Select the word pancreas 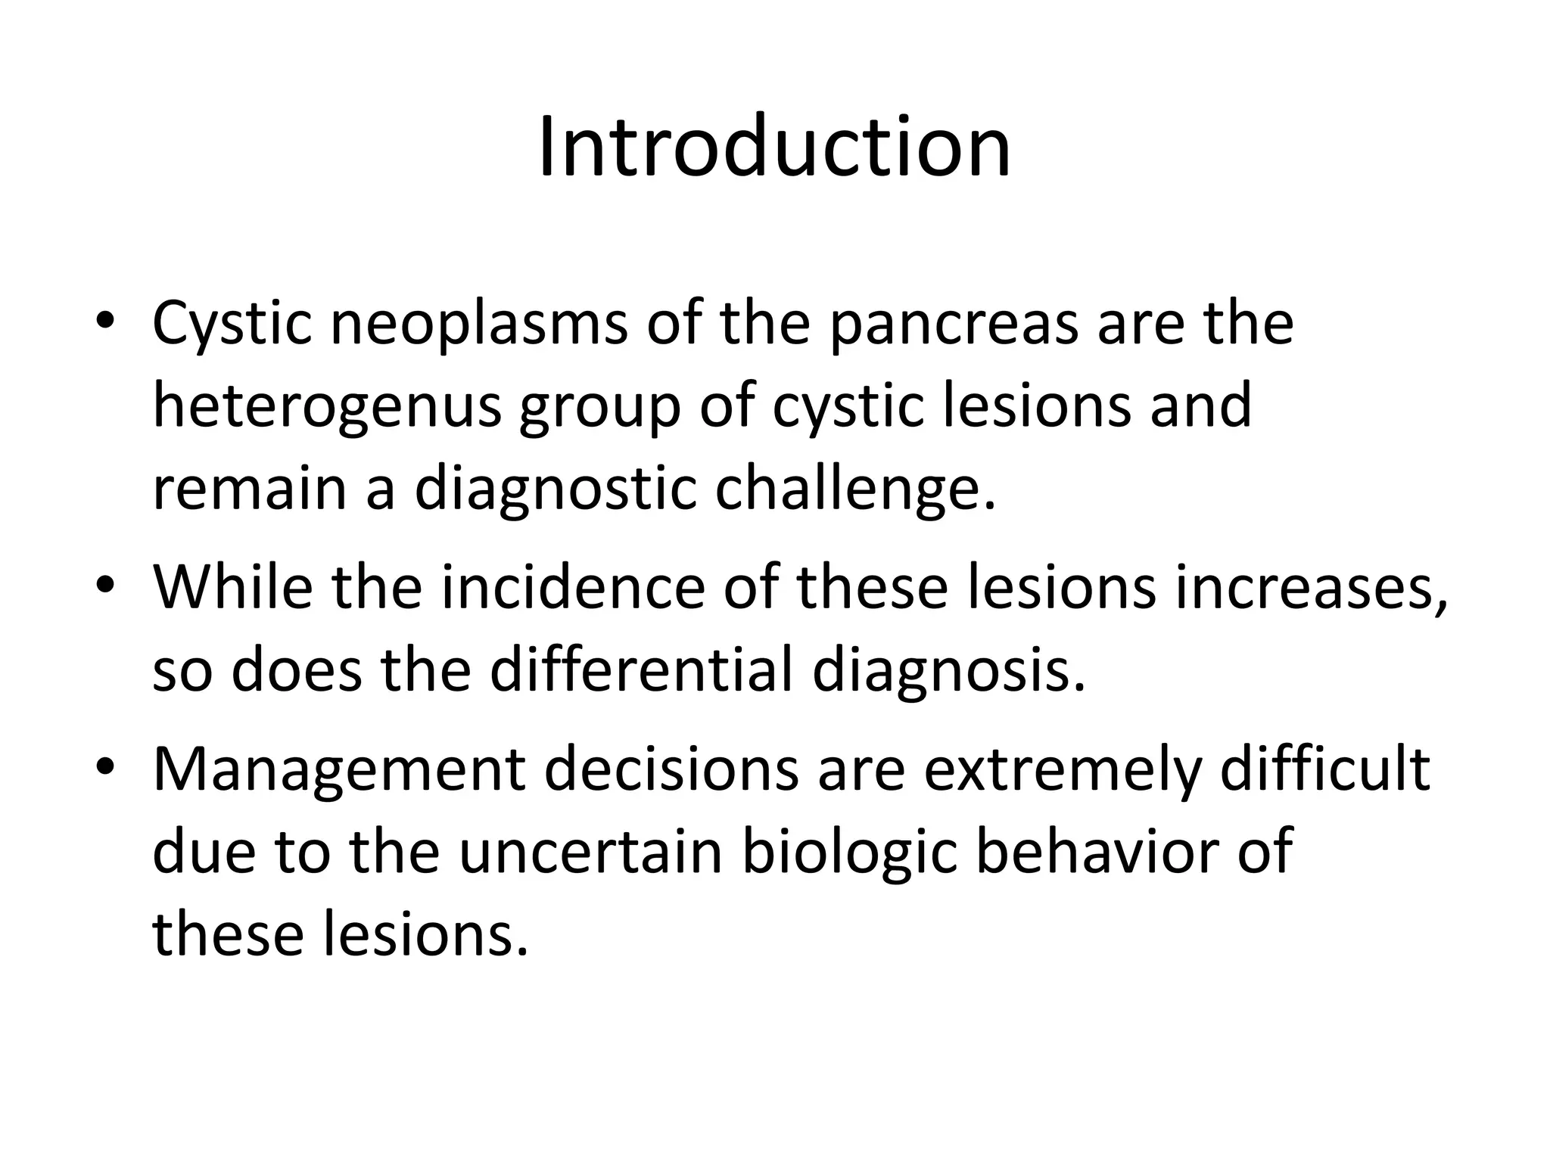(953, 324)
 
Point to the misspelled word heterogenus (327, 406)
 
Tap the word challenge (855, 491)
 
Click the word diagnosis (948, 673)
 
